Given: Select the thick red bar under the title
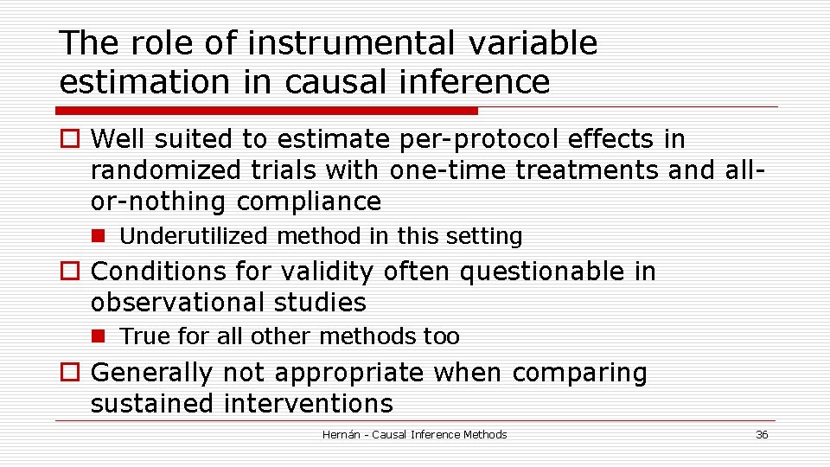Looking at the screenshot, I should pyautogui.click(x=266, y=111).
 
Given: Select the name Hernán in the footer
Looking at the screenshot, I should pyautogui.click(x=341, y=435).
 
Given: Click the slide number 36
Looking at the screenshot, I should pyautogui.click(x=761, y=435).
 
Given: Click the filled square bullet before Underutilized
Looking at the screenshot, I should pyautogui.click(x=99, y=236).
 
